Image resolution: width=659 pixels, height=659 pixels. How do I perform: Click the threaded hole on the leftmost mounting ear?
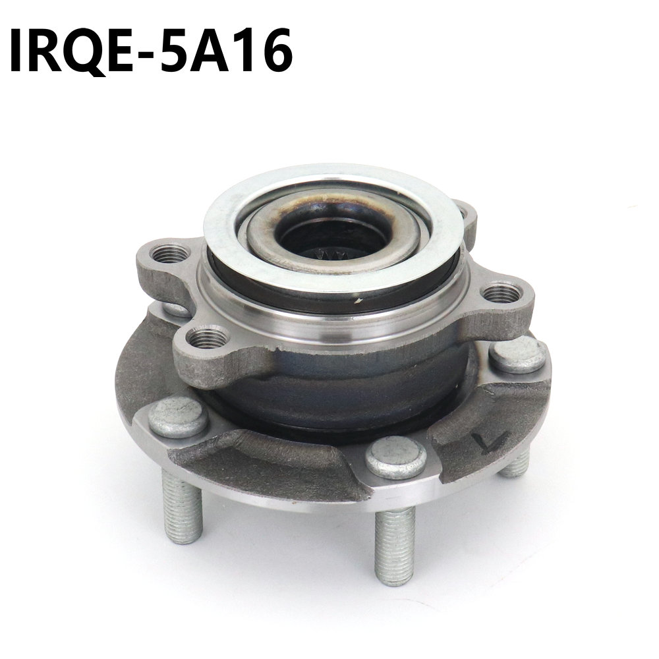point(169,254)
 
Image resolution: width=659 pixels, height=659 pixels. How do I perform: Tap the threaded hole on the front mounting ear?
point(207,338)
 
